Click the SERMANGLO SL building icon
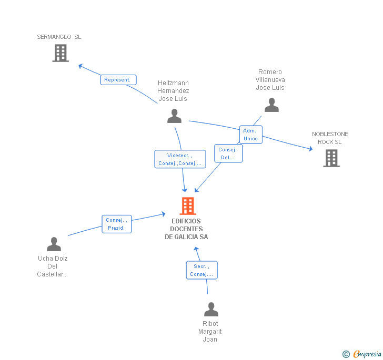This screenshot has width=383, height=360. tap(61, 53)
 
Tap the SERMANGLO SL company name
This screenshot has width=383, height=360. tap(59, 37)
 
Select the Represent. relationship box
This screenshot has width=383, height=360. tap(118, 80)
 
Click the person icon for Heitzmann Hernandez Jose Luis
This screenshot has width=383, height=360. tap(174, 116)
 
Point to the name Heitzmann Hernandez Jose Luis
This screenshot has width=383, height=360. tap(173, 91)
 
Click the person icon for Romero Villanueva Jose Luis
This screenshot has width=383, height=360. tap(271, 105)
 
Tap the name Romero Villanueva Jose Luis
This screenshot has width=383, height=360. tap(270, 80)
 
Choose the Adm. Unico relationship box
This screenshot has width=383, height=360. tap(250, 135)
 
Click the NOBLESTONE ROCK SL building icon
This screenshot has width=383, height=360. tap(331, 158)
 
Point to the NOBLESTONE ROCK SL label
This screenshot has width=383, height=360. tap(330, 138)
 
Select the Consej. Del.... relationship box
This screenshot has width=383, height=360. tap(228, 153)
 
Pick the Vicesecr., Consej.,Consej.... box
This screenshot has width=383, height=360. tap(180, 159)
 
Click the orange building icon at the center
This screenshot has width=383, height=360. tap(188, 206)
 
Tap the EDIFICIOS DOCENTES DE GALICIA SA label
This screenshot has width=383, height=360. tap(186, 229)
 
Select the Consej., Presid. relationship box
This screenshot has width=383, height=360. tap(116, 224)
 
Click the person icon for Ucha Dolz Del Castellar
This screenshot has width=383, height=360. tap(54, 244)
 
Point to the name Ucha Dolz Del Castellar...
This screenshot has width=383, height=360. tap(53, 266)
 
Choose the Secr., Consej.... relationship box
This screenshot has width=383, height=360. tap(201, 270)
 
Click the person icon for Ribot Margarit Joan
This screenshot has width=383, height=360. tap(211, 310)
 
